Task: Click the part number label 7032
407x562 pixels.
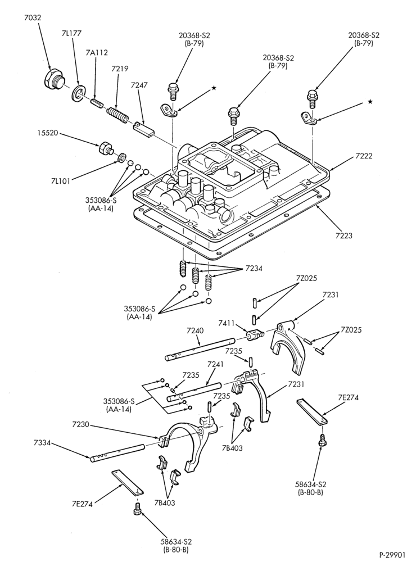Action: pos(33,17)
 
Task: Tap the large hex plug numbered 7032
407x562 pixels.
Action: pos(54,78)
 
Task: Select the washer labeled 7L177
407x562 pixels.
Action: pos(78,92)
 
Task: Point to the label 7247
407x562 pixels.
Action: pos(139,85)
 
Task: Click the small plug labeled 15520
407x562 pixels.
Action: pos(105,148)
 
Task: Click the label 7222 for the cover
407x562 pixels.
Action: pos(364,156)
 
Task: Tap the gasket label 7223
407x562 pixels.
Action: pos(343,235)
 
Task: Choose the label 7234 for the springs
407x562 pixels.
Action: pos(254,268)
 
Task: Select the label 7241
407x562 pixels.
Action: pos(216,365)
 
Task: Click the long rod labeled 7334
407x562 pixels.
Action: pos(117,452)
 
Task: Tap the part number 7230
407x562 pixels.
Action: pos(80,425)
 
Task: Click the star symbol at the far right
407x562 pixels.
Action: pos(370,102)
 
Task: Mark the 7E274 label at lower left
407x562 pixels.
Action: pos(83,504)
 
